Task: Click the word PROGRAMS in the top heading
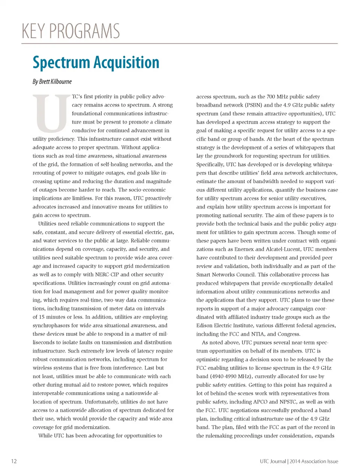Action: click(84, 31)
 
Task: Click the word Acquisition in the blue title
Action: click(126, 63)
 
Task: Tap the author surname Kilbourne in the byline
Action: click(61, 82)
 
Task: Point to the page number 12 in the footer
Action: click(14, 461)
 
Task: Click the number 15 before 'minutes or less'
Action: click(42, 317)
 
